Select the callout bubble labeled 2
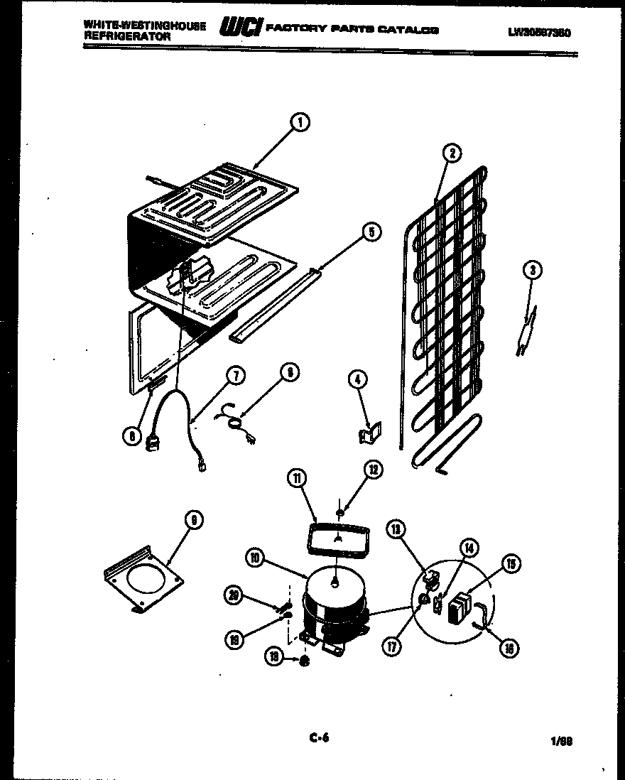coord(450,152)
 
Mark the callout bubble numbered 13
coord(396,527)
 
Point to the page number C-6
coord(319,738)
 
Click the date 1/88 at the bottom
coord(560,741)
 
